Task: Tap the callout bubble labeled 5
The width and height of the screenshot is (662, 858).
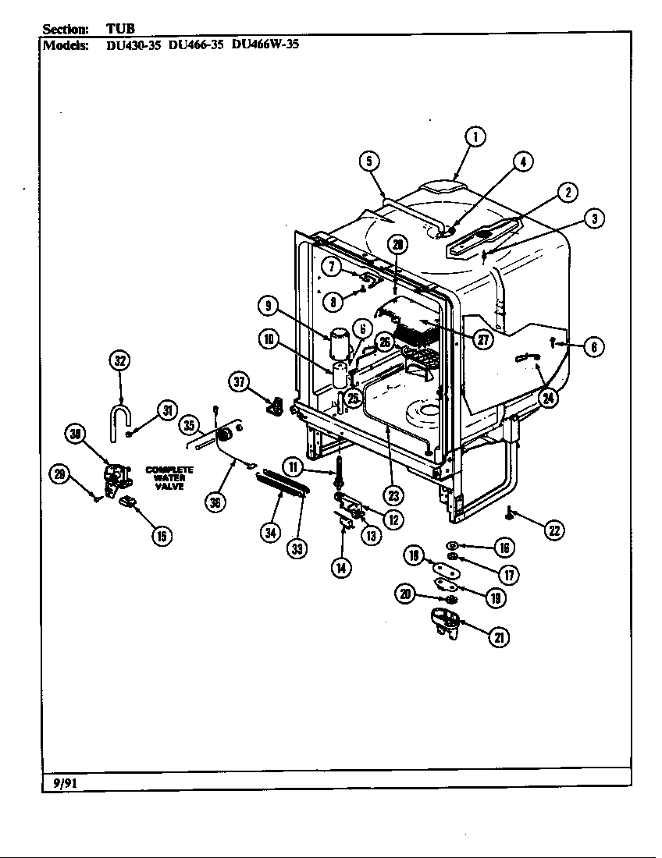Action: [x=369, y=161]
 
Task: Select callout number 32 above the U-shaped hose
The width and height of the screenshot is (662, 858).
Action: [x=119, y=360]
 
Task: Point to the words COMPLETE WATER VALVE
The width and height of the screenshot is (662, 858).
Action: [x=169, y=478]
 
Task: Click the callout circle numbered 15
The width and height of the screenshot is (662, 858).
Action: [x=162, y=535]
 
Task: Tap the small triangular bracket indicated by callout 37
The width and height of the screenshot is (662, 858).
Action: [x=275, y=405]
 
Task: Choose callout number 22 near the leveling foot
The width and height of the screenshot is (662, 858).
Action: [x=553, y=530]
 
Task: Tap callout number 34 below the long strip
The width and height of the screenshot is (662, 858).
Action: [x=270, y=533]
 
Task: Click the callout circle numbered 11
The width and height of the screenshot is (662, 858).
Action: [x=293, y=468]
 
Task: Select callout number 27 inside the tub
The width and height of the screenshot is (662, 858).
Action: [x=484, y=340]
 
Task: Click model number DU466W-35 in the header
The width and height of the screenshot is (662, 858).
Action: [x=265, y=44]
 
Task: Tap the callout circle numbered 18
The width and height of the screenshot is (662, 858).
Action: [x=415, y=555]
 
